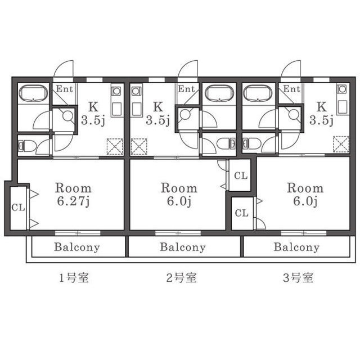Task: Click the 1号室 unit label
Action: (x=74, y=278)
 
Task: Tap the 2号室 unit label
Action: (x=181, y=278)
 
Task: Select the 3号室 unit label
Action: (x=298, y=278)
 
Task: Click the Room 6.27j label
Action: (x=73, y=195)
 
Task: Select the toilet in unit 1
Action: (x=27, y=146)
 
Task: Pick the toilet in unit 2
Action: (x=226, y=143)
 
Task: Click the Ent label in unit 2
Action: (x=186, y=89)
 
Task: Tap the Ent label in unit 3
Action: (x=291, y=89)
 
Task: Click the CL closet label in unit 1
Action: (x=18, y=208)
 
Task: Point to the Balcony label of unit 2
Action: (x=183, y=247)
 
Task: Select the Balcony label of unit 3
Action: (x=296, y=247)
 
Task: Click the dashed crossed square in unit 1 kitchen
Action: (x=115, y=146)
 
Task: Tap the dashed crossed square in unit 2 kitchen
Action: (x=139, y=146)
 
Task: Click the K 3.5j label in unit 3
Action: (x=321, y=114)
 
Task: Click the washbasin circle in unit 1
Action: (x=67, y=115)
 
